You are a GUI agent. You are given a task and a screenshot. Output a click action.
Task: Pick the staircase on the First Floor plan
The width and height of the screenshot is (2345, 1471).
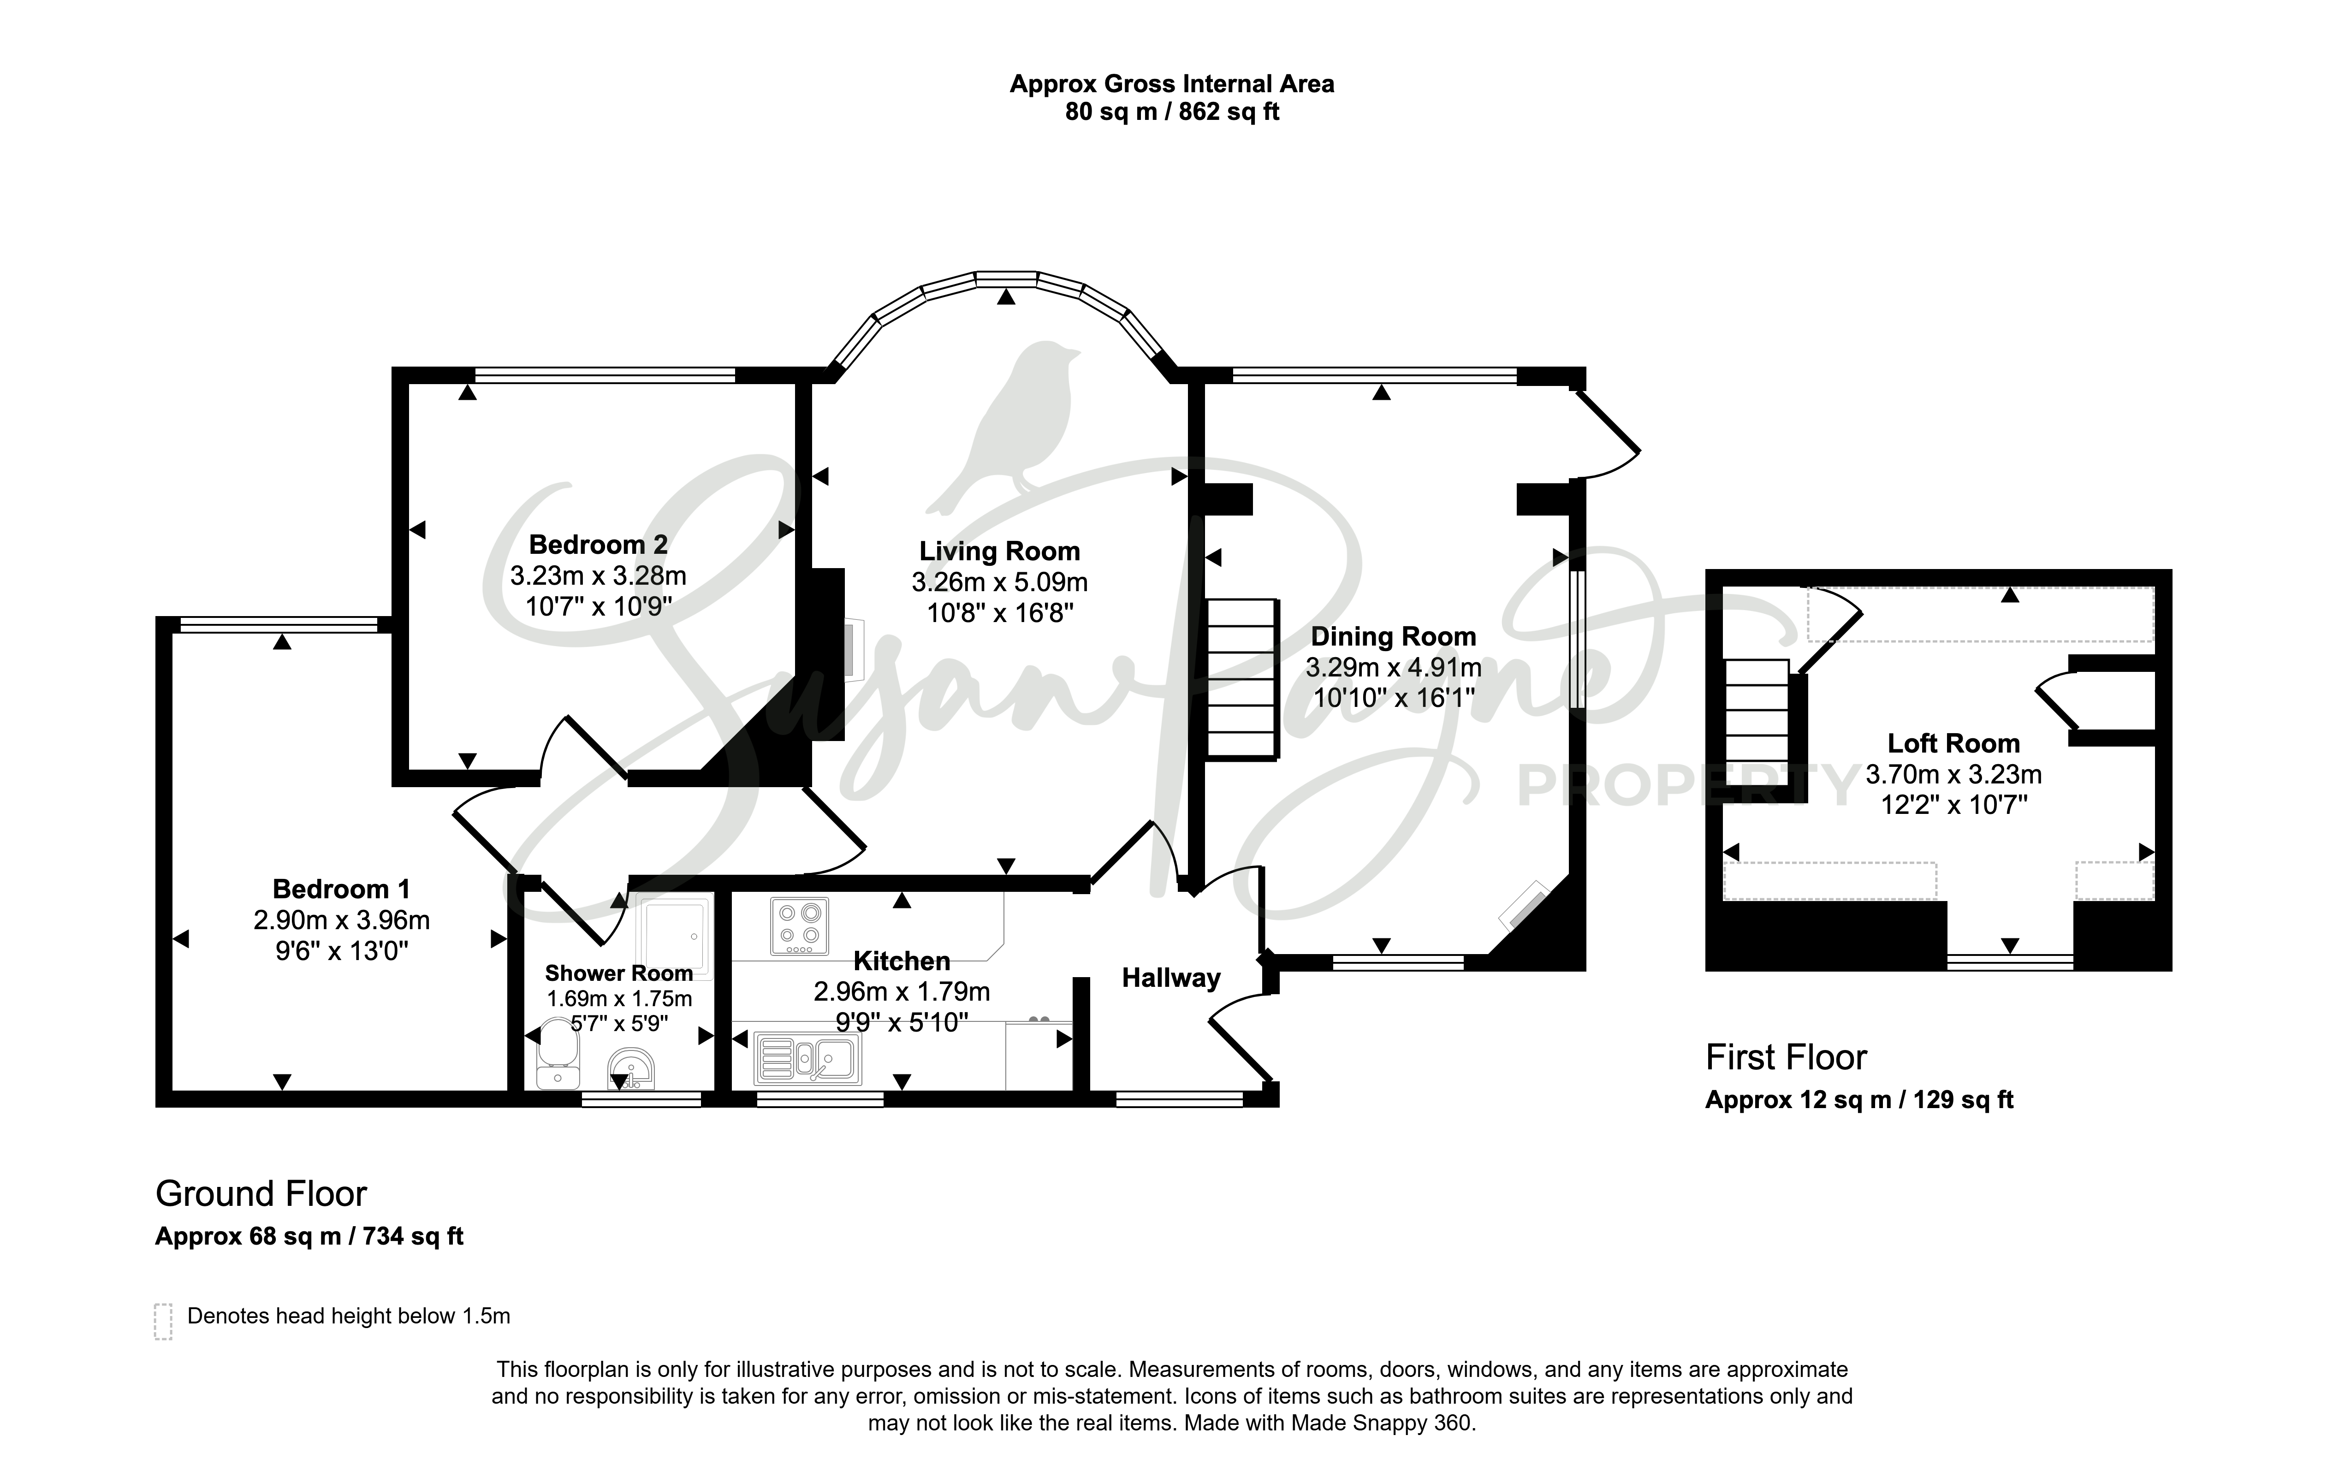1757,712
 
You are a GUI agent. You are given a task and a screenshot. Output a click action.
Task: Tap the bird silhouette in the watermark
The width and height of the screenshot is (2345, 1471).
1007,428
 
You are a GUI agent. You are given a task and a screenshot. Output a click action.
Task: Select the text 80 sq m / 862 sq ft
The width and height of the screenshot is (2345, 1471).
1171,112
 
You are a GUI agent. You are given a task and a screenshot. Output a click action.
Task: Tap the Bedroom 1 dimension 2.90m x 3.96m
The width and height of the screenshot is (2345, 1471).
342,919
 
